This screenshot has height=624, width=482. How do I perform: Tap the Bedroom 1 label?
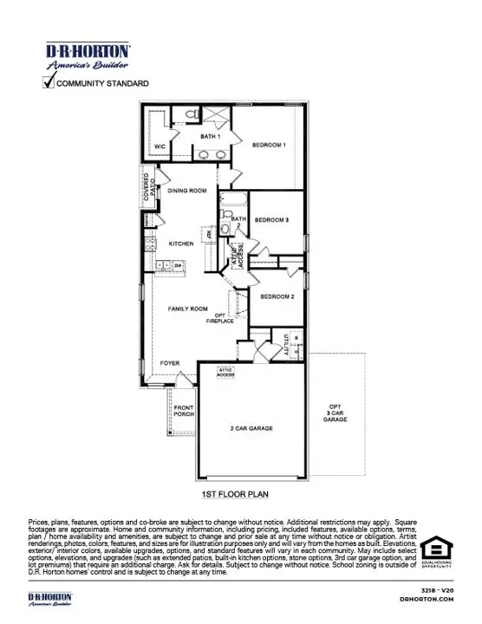269,145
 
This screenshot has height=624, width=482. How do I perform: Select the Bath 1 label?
210,137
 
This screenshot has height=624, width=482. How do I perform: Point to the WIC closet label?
160,146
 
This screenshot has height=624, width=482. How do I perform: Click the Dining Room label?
186,191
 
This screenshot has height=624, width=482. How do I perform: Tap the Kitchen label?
180,244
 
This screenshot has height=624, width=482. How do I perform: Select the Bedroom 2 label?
277,296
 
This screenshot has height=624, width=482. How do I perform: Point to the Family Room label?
187,309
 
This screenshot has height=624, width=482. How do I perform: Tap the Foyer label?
170,362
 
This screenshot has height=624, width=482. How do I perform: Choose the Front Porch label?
184,411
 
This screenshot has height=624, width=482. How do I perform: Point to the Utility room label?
284,346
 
